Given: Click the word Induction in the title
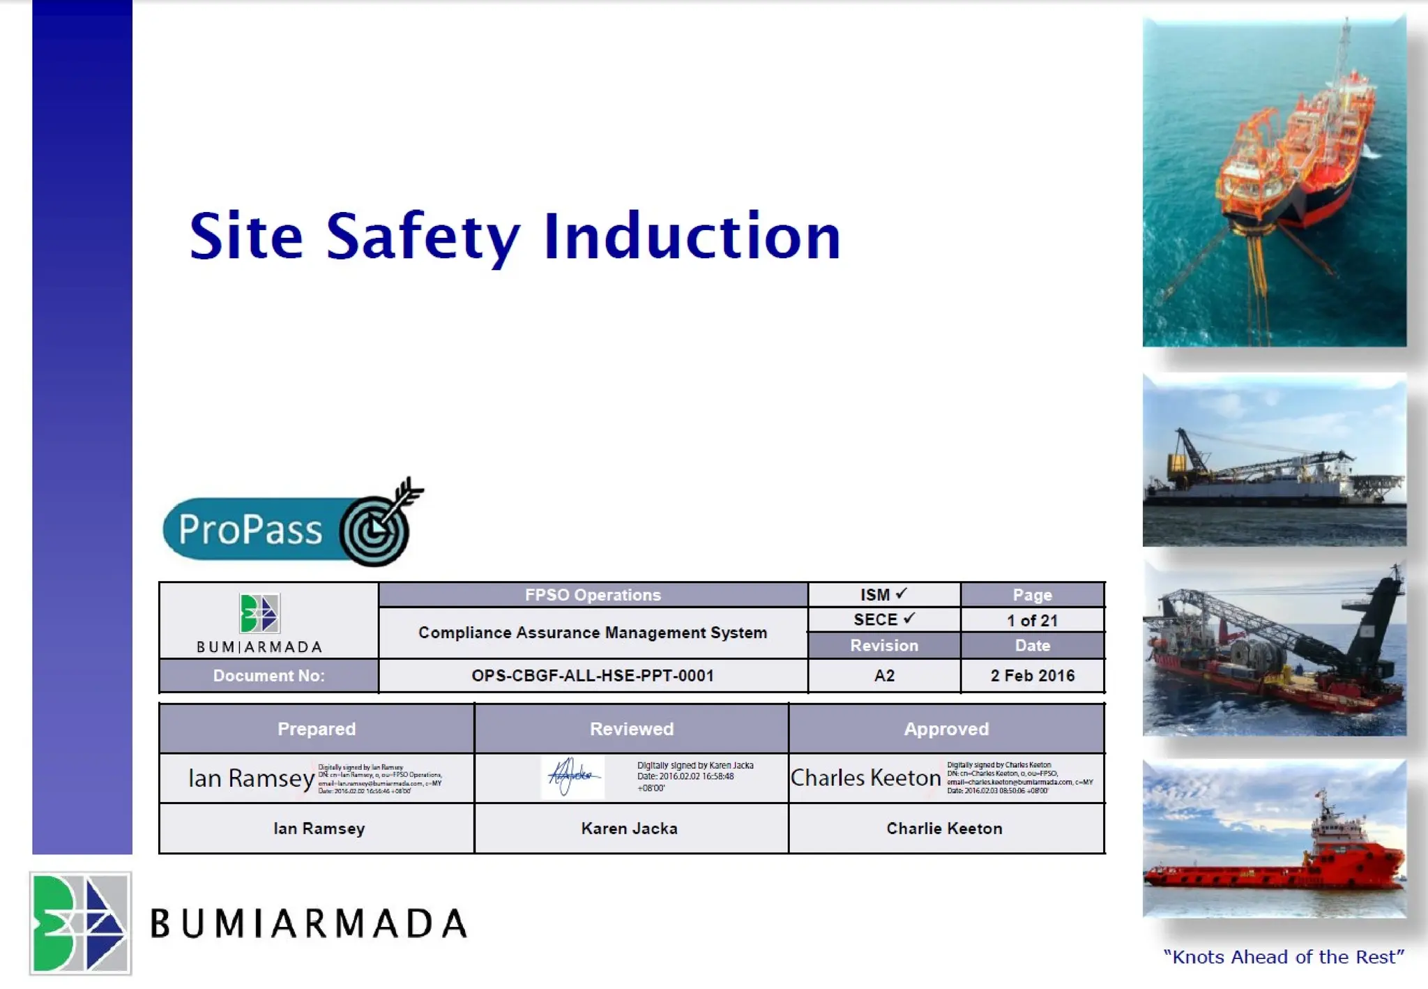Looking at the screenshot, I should coord(692,237).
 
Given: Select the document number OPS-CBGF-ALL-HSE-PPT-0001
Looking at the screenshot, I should coord(593,675).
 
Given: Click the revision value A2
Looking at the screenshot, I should coord(883,675).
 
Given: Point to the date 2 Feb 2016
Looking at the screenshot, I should coord(1032,675).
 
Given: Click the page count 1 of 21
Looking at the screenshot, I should coord(1032,620).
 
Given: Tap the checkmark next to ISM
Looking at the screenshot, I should coord(902,594).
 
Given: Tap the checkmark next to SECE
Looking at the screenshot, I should coord(909,619).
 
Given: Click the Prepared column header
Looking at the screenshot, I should coord(317,729).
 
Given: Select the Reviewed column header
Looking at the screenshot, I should coord(632,729).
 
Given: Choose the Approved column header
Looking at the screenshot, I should coord(946,729).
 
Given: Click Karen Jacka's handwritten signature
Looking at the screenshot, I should coord(572,776).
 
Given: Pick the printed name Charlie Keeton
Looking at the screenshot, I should coord(944,829).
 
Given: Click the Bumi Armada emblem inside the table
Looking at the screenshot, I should coord(259,613).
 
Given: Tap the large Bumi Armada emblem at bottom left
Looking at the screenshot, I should coord(80,922).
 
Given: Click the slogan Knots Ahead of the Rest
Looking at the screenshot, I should coord(1283,957).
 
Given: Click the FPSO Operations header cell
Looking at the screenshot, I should coord(593,595).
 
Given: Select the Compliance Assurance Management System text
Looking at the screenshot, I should coord(593,633).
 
